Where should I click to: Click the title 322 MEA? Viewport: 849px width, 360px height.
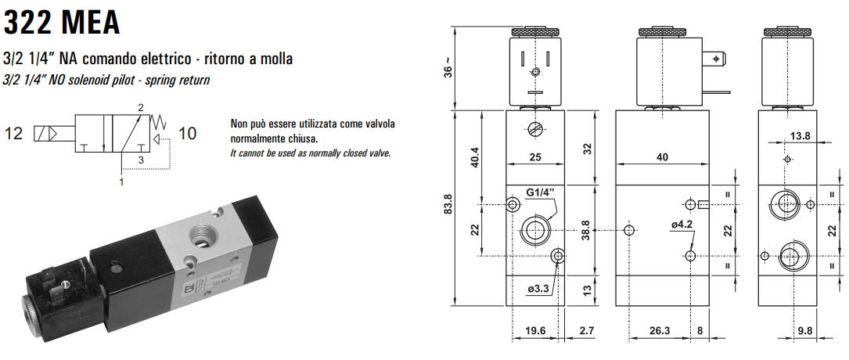coord(62,21)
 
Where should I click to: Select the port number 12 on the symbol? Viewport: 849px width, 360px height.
coord(15,133)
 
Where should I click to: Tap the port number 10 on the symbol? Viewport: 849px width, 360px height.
coord(188,133)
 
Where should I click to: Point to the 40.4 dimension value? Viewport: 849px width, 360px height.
coord(475,157)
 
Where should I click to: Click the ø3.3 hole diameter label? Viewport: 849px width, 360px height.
coord(539,289)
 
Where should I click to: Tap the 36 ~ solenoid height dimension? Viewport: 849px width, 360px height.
coord(448,69)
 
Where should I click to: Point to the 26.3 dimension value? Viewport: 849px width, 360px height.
coord(660,331)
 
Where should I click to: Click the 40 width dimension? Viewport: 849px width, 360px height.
coord(662,157)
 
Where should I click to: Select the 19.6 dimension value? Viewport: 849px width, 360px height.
coord(534,331)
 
